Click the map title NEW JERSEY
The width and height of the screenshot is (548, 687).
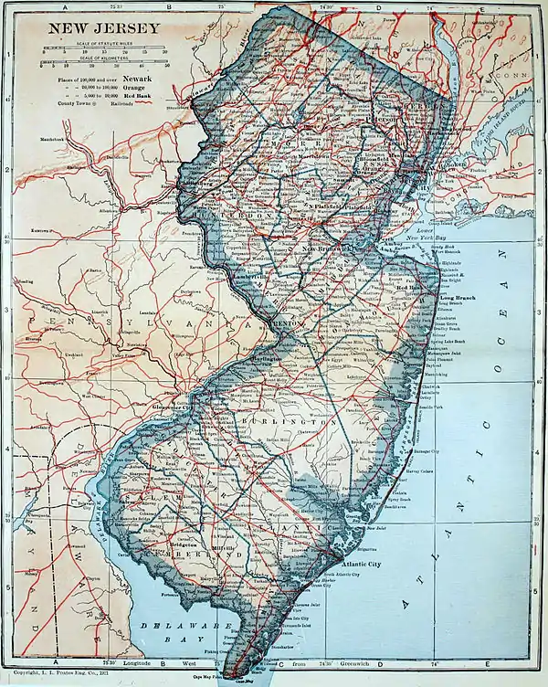(x=102, y=27)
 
